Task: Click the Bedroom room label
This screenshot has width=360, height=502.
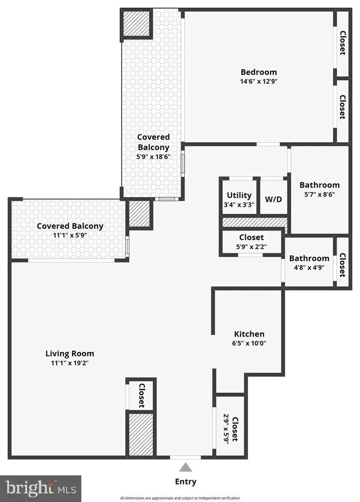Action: (258, 72)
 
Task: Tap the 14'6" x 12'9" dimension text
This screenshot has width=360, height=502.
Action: (258, 81)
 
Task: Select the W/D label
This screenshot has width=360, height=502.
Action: (274, 198)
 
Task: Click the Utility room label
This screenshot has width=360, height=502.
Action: (239, 195)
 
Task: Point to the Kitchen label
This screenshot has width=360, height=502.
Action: (249, 334)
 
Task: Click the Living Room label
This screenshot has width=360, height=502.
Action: (70, 353)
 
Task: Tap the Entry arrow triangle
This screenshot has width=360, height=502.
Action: (185, 468)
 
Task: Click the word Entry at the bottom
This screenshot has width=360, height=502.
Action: (185, 482)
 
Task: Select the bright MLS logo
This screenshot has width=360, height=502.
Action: (40, 488)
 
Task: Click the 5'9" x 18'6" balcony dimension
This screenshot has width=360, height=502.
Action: (153, 157)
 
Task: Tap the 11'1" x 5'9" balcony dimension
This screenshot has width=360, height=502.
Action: (70, 236)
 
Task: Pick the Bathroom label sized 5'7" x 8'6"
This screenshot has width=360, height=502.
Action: (319, 185)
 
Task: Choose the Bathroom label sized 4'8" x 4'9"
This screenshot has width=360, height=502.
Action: (309, 258)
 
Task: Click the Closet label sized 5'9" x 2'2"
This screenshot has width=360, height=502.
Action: (251, 238)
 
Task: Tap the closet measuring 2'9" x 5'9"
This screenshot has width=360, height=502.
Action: (231, 428)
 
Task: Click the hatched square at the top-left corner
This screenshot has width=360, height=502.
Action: (137, 23)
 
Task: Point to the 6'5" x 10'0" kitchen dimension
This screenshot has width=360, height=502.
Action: (249, 343)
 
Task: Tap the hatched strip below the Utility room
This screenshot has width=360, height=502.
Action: (255, 222)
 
